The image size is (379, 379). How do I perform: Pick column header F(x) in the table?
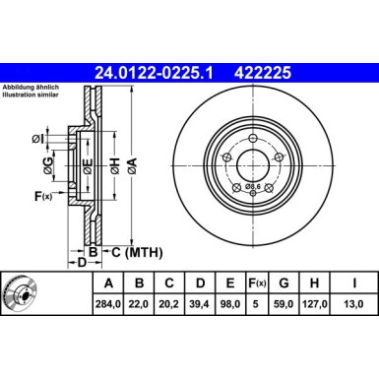(255, 284)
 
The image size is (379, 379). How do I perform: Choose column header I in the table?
(354, 284)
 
